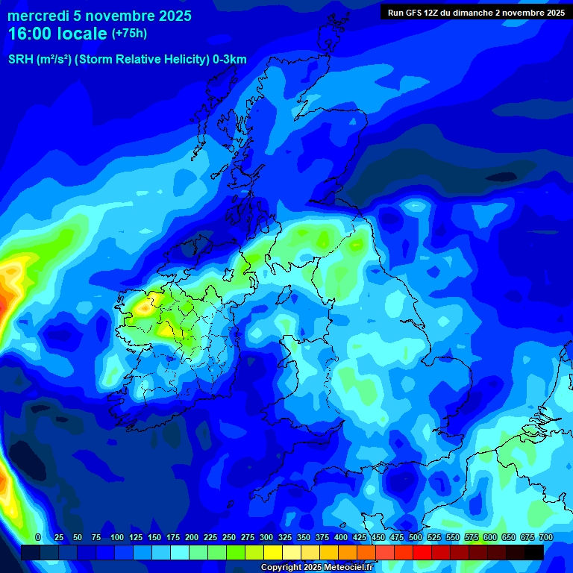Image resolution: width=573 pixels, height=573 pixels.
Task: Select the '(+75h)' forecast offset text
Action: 129,34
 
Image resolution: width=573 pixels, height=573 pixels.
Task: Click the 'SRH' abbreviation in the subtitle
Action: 21,60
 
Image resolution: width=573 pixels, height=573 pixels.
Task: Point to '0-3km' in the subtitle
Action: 229,60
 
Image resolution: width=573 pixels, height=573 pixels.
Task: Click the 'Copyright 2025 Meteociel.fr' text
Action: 316,568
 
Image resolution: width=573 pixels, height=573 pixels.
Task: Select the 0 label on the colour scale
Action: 38,537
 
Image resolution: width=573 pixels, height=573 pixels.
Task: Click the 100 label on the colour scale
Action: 117,537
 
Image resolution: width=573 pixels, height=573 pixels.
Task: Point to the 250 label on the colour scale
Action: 229,537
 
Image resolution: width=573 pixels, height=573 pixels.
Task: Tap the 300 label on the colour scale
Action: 266,537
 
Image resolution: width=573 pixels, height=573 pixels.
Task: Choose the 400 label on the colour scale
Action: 341,537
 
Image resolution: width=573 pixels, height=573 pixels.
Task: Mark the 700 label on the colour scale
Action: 546,537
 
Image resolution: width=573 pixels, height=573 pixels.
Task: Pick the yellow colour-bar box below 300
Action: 272,553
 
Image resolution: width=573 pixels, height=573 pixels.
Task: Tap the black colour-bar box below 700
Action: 533,553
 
